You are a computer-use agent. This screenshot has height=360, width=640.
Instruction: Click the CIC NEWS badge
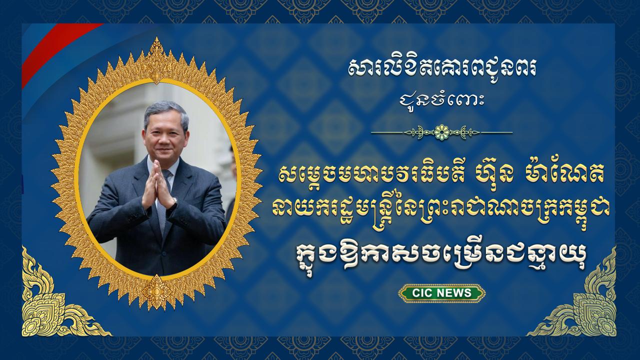click(x=441, y=293)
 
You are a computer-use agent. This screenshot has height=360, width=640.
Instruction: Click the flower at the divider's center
click(x=441, y=132)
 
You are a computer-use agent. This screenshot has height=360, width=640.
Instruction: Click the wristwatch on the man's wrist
click(x=174, y=201)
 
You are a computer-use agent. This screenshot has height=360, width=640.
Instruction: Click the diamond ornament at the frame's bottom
click(x=156, y=291)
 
